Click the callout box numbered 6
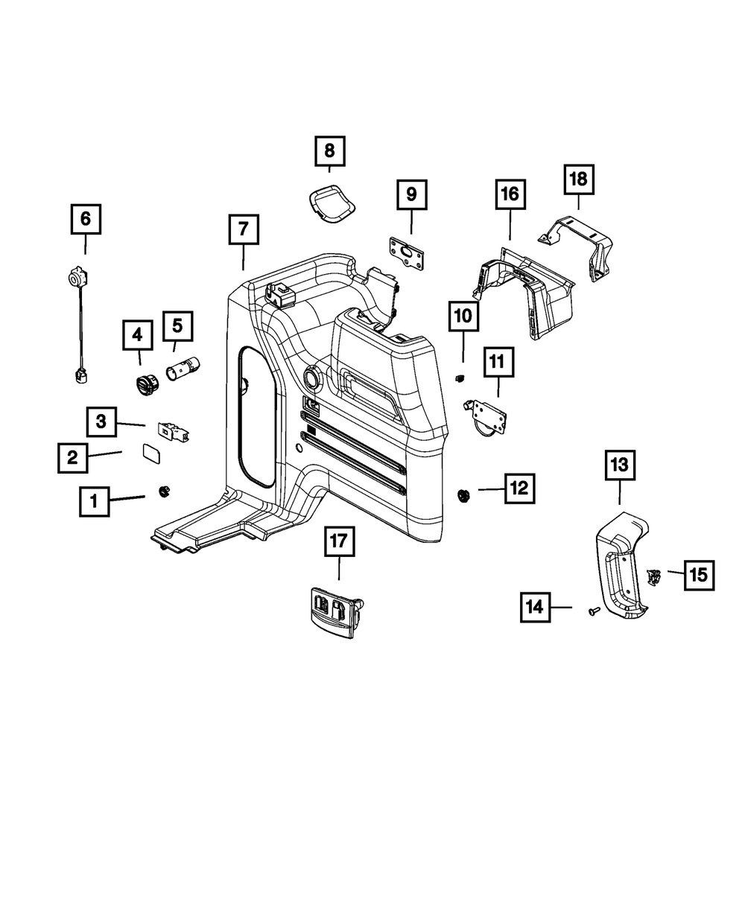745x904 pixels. (86, 219)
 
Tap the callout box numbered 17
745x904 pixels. (339, 542)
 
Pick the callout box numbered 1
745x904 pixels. (94, 502)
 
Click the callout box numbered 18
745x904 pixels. (578, 179)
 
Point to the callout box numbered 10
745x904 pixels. (463, 316)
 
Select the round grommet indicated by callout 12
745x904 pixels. (463, 495)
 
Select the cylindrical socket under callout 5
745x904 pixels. (183, 369)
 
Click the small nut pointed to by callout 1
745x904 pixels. (163, 490)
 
